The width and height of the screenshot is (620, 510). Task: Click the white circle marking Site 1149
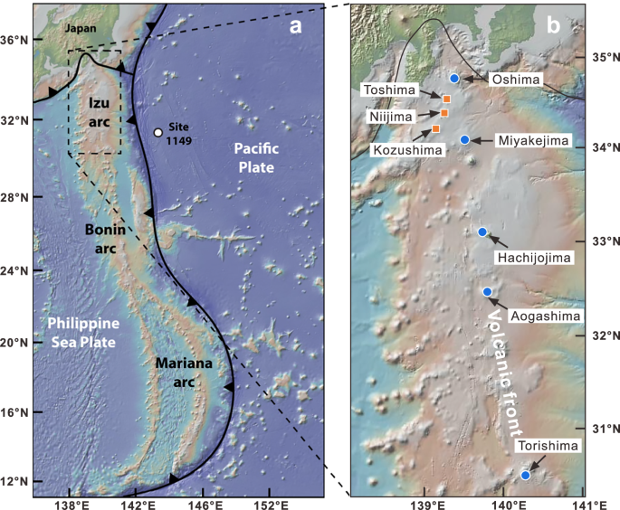click(158, 133)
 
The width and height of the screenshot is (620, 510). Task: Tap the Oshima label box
click(515, 80)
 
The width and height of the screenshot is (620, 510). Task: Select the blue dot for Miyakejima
click(464, 140)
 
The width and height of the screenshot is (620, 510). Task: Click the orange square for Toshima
click(446, 98)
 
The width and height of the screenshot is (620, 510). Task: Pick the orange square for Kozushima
click(436, 129)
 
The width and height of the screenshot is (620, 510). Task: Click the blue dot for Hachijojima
click(482, 232)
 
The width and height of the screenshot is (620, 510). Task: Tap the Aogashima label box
click(544, 315)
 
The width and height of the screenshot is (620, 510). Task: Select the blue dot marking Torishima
click(526, 475)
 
